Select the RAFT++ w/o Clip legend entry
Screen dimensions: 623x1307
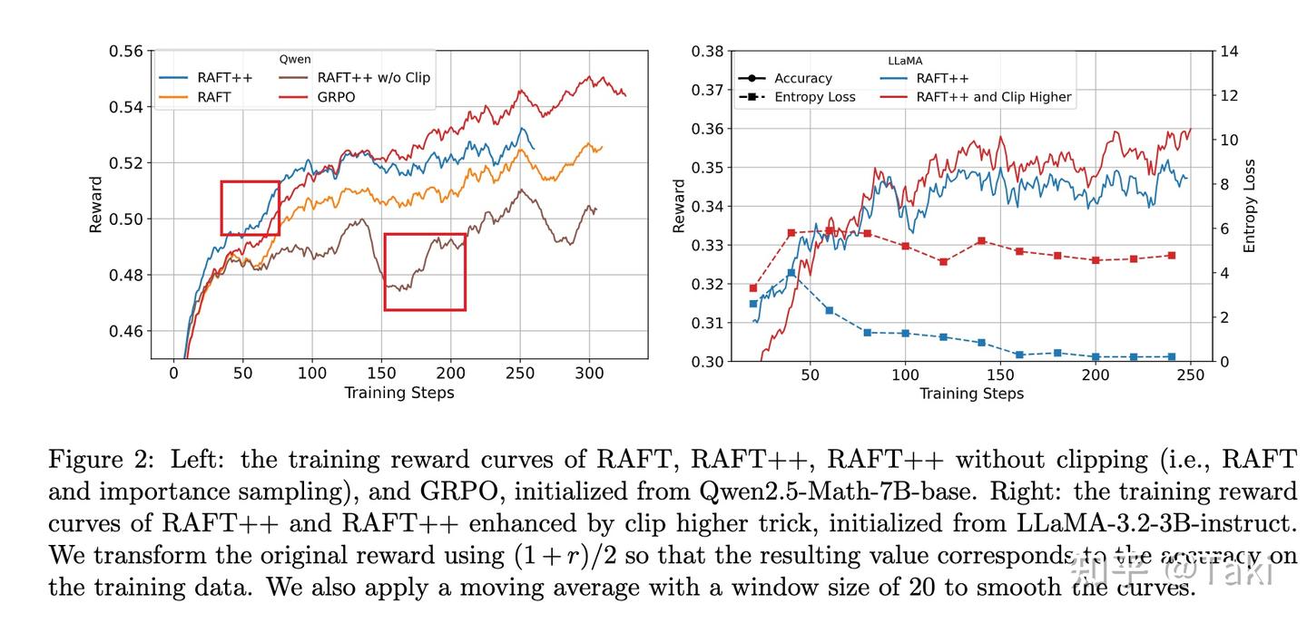[x=372, y=77]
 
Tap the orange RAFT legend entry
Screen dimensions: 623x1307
[x=213, y=96]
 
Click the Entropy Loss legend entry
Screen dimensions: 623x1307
[x=814, y=97]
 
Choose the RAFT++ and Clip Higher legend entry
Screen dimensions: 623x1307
[x=993, y=97]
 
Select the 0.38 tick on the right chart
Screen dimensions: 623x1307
[x=707, y=51]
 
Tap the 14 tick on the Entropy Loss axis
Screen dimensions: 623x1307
[x=1228, y=51]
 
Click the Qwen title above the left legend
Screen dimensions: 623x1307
[x=294, y=59]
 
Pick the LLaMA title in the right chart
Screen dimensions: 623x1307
[x=904, y=61]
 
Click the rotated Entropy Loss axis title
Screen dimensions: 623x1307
[x=1250, y=206]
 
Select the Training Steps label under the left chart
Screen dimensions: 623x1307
[x=398, y=393]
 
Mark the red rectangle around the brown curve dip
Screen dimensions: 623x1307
[x=425, y=272]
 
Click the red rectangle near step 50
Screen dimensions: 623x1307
[x=250, y=208]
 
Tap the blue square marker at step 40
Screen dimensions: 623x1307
[x=791, y=273]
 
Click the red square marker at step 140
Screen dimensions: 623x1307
[x=981, y=241]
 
